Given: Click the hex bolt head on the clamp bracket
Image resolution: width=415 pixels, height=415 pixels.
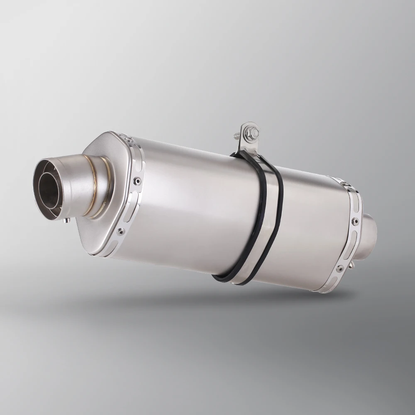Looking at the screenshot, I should pos(254,132).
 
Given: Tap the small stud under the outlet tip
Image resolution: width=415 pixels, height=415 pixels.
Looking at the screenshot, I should pos(65,220).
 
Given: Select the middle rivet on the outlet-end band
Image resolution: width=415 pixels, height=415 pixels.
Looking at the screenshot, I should pos(137,181).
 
